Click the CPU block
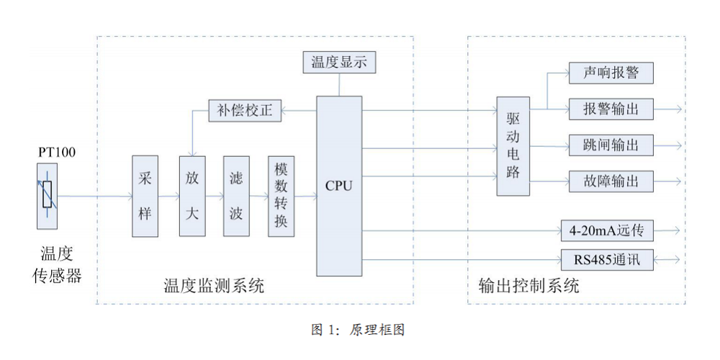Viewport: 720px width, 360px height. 339,185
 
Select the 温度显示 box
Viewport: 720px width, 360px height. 339,63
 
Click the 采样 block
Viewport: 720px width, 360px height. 145,196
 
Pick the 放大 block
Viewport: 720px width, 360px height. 192,196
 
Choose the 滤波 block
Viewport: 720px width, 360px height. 236,196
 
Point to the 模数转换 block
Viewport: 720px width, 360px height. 281,196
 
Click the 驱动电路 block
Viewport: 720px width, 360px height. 513,146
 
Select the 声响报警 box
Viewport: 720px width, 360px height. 611,73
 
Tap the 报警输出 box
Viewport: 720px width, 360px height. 611,109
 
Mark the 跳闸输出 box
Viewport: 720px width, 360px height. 611,145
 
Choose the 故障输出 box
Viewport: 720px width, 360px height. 611,180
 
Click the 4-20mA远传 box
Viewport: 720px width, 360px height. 611,231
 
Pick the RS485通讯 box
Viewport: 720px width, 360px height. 611,258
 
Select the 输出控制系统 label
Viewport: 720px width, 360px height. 528,286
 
